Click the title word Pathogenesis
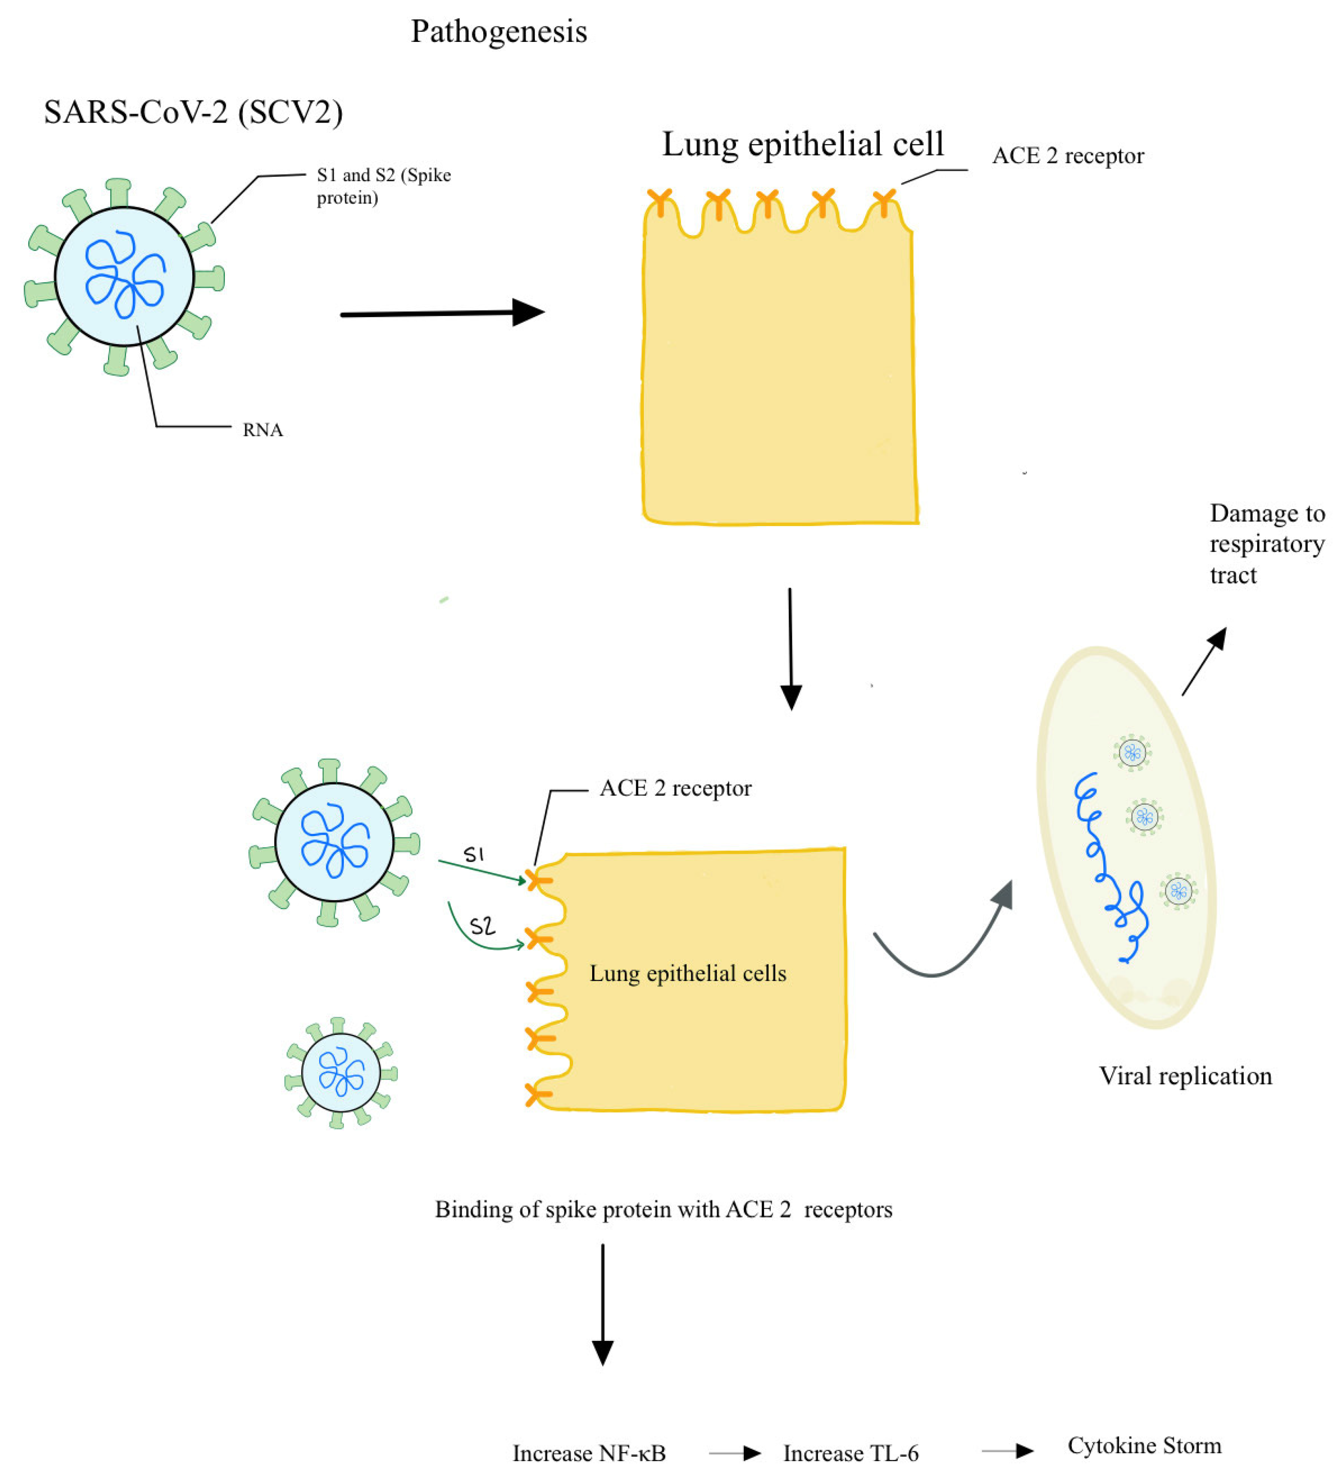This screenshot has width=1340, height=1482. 498,32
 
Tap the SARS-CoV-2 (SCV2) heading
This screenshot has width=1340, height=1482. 193,112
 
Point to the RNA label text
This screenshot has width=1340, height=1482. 262,430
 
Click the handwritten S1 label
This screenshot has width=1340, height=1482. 474,854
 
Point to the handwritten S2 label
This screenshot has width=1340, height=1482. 482,926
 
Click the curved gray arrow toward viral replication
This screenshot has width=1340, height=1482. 941,948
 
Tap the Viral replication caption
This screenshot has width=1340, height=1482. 1185,1076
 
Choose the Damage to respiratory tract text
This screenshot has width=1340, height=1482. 1266,544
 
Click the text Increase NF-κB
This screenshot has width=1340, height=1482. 589,1453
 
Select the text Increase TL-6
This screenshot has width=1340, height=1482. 851,1453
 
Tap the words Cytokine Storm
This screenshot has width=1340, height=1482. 1144,1445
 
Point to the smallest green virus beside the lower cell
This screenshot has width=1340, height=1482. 340,1072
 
